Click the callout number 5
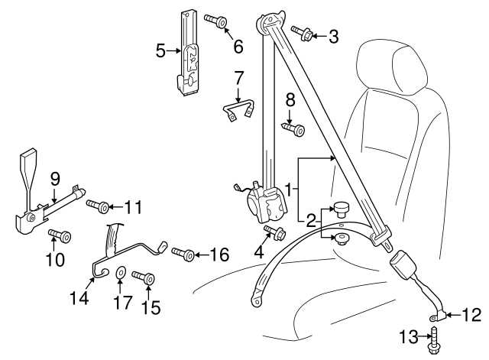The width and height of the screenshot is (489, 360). [160, 51]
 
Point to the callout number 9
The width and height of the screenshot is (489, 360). [55, 179]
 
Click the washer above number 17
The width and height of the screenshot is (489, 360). [121, 271]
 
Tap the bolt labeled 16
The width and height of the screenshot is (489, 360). [182, 252]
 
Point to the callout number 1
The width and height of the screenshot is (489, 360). [289, 188]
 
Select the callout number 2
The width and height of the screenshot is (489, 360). [311, 222]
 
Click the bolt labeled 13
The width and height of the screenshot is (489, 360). [434, 336]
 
